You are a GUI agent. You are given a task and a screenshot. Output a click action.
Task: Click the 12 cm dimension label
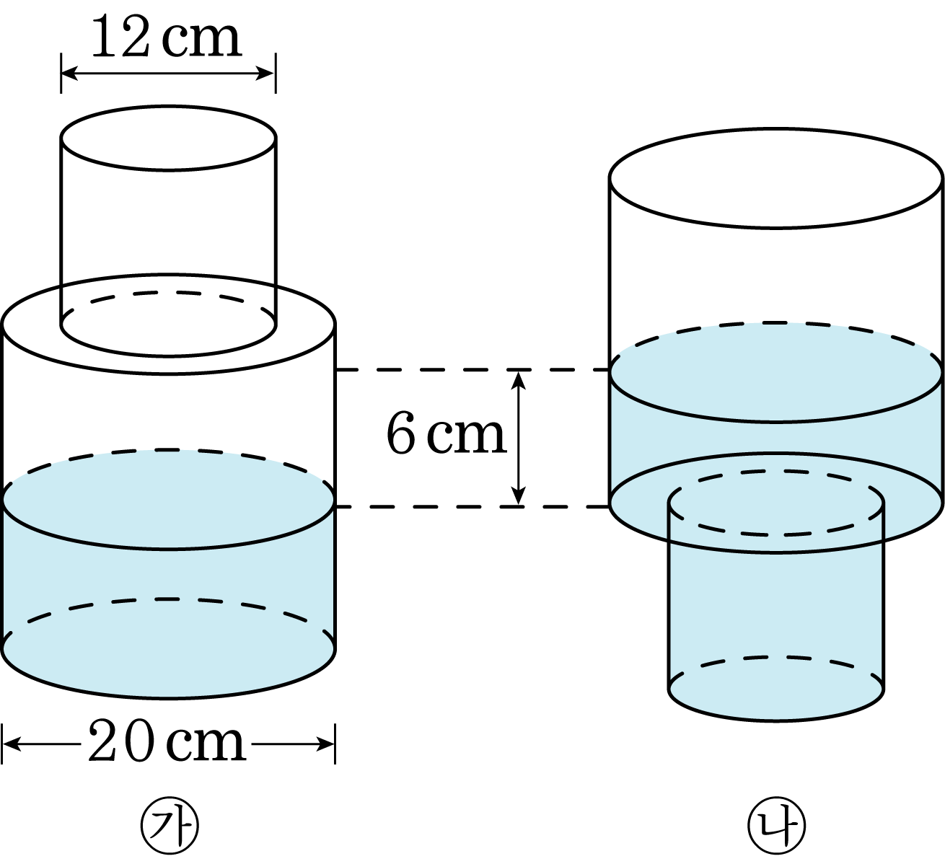click(167, 37)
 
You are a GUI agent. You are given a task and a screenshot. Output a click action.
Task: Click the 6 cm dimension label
click(446, 433)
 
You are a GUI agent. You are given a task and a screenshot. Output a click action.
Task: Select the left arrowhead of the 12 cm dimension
click(70, 74)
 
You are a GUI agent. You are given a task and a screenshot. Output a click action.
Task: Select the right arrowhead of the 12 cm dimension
click(265, 74)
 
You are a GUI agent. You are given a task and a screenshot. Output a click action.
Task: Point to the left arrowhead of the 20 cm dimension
click(12, 744)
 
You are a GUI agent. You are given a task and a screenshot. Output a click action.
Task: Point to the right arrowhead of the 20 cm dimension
click(325, 744)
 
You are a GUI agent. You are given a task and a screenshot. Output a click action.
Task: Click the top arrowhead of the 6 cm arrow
click(518, 381)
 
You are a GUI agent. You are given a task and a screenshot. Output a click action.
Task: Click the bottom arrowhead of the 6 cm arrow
click(518, 495)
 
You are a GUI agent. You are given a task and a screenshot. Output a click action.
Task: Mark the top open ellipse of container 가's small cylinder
click(168, 169)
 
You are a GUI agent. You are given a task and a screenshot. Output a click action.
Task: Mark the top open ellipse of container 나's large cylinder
click(776, 228)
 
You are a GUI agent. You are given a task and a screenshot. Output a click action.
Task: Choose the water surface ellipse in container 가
click(168, 549)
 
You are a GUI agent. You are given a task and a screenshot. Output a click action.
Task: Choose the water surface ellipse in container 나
click(776, 421)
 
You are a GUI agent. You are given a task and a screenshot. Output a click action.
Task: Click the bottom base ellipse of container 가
click(168, 698)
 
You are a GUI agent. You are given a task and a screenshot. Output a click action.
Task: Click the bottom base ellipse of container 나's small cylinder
click(776, 720)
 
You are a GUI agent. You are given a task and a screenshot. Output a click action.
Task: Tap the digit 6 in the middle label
click(400, 433)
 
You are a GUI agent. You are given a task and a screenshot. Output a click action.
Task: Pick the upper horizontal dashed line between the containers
click(472, 370)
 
